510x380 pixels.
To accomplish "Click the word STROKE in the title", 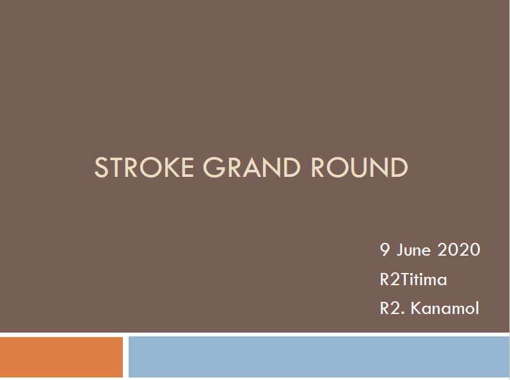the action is coord(144,167).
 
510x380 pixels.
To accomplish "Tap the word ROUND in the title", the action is coord(360,167).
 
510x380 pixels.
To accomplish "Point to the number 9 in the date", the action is coord(385,250).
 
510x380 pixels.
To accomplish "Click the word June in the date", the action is coord(413,250).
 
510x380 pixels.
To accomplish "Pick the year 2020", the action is coord(459,250).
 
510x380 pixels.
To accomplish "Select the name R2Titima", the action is coord(413,279).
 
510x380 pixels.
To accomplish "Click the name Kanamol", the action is coord(445,308).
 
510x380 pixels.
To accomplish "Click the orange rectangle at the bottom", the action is coord(61,357).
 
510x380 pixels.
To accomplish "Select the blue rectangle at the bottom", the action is coord(319,357).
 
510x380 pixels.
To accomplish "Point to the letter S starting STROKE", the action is coord(101,167).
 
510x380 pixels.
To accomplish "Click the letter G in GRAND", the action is coord(214,167).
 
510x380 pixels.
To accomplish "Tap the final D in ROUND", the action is coord(399,167).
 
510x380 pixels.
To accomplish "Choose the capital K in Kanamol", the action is coord(416,308).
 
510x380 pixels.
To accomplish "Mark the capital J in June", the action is coord(400,250).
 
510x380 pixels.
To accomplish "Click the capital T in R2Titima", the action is coord(405,279).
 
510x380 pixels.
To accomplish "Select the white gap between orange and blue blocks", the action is coord(125,357).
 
